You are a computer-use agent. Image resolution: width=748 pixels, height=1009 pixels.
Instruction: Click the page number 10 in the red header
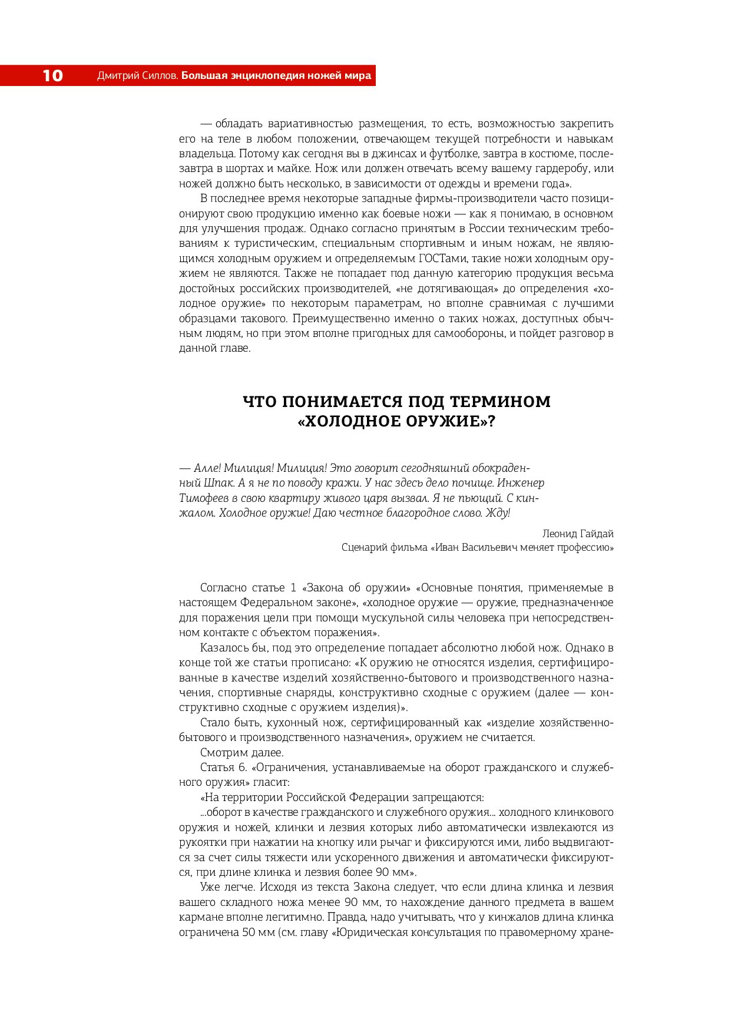tap(52, 75)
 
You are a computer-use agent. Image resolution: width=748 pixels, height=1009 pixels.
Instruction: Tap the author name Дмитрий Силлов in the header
tap(137, 75)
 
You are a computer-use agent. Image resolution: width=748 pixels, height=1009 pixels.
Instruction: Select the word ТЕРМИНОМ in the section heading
tap(500, 402)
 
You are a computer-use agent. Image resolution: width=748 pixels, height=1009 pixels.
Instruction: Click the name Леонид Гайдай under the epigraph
tap(577, 534)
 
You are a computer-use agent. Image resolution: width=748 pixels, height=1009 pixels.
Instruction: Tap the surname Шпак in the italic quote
tap(219, 483)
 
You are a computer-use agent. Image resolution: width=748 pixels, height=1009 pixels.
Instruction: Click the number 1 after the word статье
tap(293, 588)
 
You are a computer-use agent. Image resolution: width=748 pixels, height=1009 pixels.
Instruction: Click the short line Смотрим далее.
tap(241, 753)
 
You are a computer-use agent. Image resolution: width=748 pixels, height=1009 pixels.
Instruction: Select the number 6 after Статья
tap(243, 767)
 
